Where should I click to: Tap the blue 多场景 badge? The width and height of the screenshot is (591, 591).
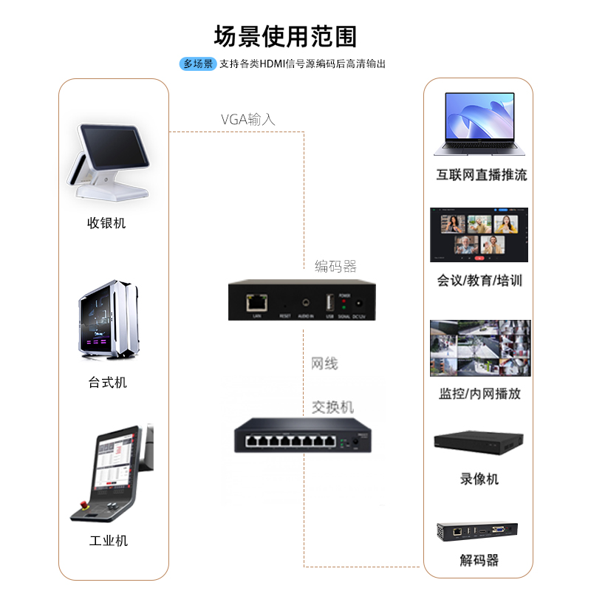pyautogui.click(x=198, y=64)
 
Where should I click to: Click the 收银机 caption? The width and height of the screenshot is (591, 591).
pyautogui.click(x=106, y=223)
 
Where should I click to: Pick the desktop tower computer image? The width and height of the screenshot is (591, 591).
pyautogui.click(x=109, y=319)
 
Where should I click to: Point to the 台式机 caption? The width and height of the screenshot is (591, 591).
pyautogui.click(x=108, y=383)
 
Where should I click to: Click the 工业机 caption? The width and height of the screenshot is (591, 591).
pyautogui.click(x=108, y=541)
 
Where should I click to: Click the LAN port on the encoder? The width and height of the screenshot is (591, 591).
pyautogui.click(x=256, y=301)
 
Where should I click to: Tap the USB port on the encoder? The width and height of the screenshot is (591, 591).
pyautogui.click(x=329, y=302)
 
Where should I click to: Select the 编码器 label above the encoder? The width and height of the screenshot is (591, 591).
pyautogui.click(x=335, y=266)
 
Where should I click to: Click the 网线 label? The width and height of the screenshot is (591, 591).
pyautogui.click(x=324, y=363)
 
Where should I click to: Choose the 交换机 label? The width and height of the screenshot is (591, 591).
pyautogui.click(x=332, y=408)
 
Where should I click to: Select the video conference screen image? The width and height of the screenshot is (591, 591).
pyautogui.click(x=479, y=234)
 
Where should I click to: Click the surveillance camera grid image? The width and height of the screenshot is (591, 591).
pyautogui.click(x=480, y=348)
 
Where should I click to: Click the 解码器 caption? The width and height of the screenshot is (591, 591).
pyautogui.click(x=479, y=561)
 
